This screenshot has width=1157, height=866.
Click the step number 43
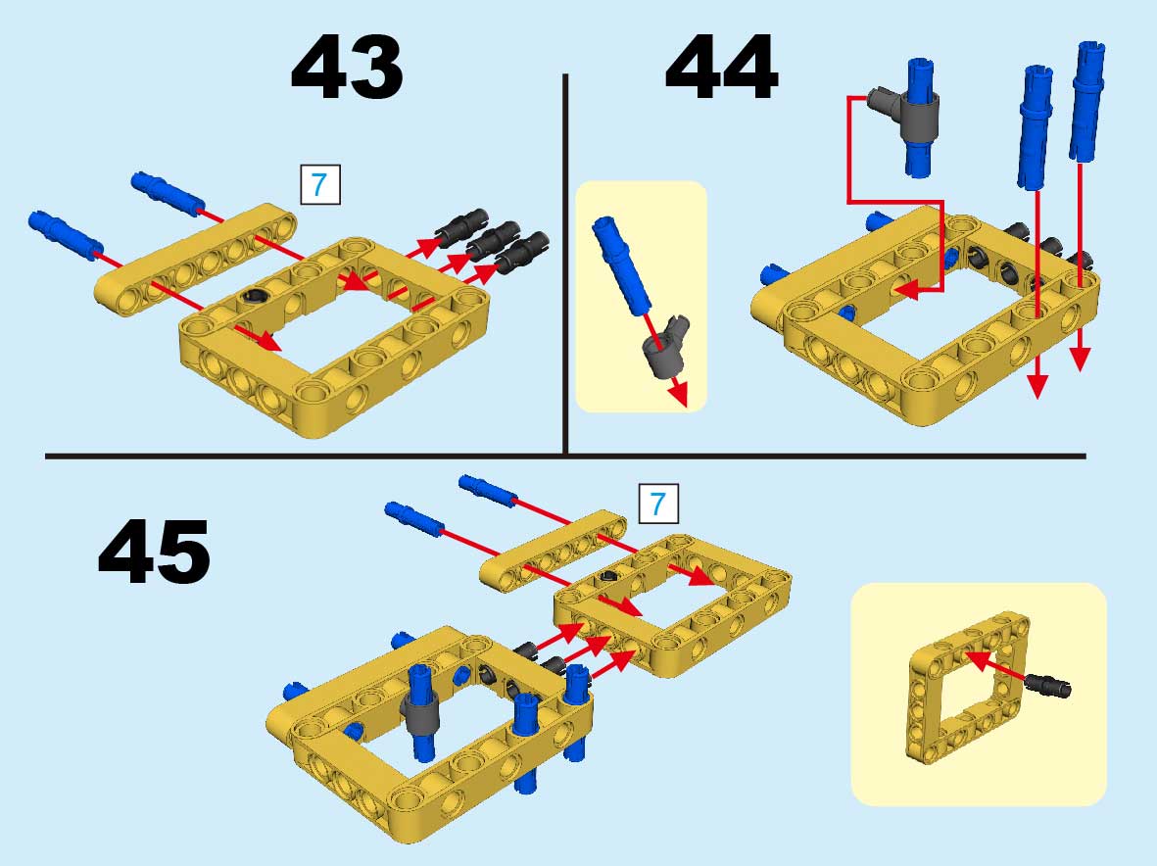[x=347, y=68]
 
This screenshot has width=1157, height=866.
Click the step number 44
[x=722, y=68]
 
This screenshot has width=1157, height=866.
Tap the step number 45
[x=154, y=551]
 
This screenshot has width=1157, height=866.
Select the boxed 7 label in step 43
[x=320, y=184]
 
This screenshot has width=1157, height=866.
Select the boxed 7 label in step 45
[x=658, y=505]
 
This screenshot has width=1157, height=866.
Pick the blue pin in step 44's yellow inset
[x=621, y=265]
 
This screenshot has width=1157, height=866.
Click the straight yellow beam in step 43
[x=196, y=260]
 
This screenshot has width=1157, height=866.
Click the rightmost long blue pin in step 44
[x=1087, y=101]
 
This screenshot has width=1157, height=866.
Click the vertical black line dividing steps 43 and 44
[x=565, y=265]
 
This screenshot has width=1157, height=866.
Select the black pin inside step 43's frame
[x=253, y=296]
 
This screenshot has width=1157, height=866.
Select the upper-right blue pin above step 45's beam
[x=488, y=489]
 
